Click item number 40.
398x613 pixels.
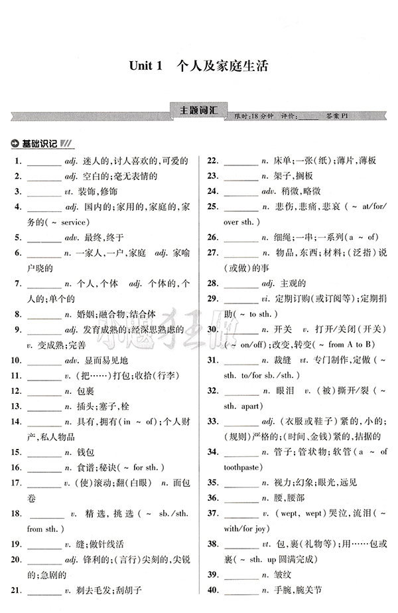pyautogui.click(x=213, y=590)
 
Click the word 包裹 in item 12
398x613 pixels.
pyautogui.click(x=84, y=391)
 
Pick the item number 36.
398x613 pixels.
pyautogui.click(x=213, y=497)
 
